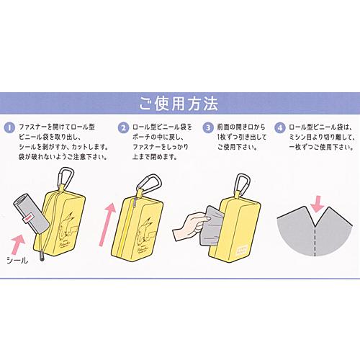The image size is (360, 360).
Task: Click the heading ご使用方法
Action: (179, 104)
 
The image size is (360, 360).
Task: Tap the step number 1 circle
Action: (9, 127)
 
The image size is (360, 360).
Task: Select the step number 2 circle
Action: (123, 127)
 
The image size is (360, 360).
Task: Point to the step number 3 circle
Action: (208, 127)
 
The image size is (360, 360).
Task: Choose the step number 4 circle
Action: (280, 127)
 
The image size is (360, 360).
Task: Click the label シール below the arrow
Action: (17, 260)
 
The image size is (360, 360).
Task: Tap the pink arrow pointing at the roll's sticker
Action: (17, 244)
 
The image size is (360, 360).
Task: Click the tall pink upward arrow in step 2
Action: (107, 225)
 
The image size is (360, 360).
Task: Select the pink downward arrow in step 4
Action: (318, 204)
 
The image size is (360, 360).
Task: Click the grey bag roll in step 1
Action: (31, 214)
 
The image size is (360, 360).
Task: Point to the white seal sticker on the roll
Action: (28, 217)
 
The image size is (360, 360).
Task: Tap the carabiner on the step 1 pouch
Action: (65, 178)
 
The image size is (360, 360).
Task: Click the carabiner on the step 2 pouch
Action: (149, 184)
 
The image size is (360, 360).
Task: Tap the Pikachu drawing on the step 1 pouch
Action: (68, 225)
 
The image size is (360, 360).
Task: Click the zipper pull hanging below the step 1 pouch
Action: (42, 256)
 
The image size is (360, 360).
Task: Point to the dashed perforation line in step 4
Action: (315, 241)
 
